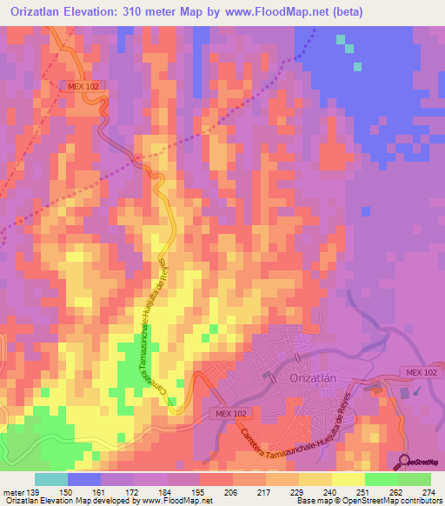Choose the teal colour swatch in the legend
coord(50,479)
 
